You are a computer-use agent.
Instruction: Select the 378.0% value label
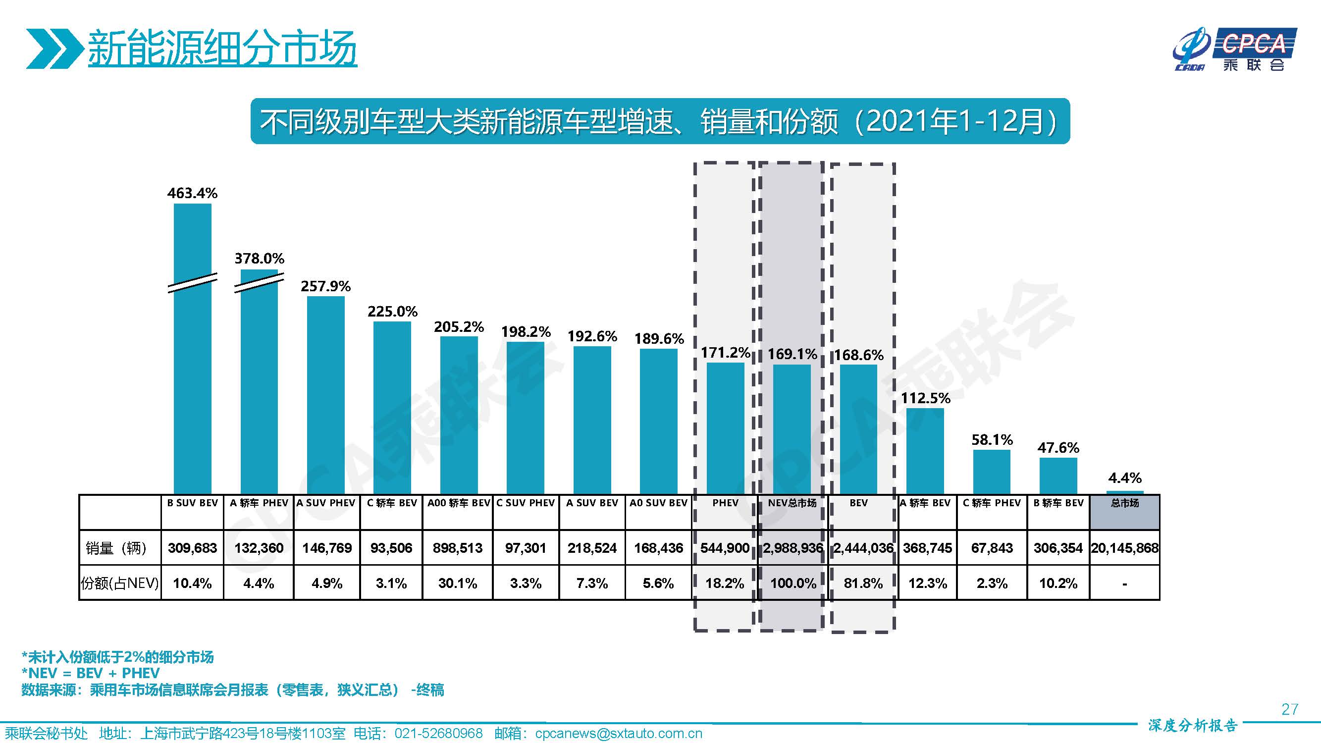click(259, 259)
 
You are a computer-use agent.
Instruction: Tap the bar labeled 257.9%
click(325, 395)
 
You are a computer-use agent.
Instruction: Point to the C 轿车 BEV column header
click(392, 503)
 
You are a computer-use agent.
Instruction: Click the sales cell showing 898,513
click(458, 548)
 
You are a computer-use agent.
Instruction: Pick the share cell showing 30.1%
click(458, 584)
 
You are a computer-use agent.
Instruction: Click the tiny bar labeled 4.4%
click(1124, 492)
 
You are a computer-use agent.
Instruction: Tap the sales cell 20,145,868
click(1124, 548)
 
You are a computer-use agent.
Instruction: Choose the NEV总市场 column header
click(793, 503)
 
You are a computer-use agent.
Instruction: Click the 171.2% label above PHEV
click(725, 353)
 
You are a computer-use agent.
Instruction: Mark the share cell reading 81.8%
click(863, 584)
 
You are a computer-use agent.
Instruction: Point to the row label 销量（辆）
click(116, 548)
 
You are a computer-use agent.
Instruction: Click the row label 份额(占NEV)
click(119, 584)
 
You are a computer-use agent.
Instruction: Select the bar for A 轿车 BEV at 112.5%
click(925, 451)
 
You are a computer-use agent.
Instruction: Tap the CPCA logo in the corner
click(1236, 49)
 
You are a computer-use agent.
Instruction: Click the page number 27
click(1289, 709)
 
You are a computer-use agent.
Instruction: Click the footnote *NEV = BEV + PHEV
click(90, 673)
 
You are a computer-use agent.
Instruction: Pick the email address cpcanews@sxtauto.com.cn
click(619, 734)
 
